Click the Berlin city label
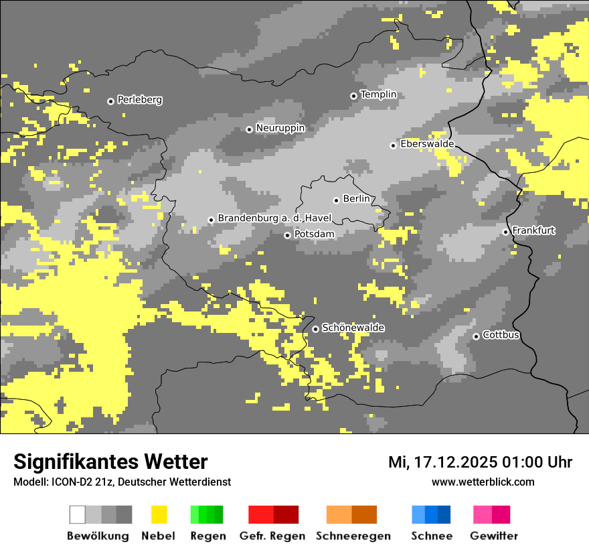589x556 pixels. pyautogui.click(x=356, y=199)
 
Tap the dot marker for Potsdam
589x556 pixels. pyautogui.click(x=287, y=235)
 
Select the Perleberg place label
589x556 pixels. pyautogui.click(x=139, y=100)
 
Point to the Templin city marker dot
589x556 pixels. pyautogui.click(x=353, y=96)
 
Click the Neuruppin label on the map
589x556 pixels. pyautogui.click(x=280, y=128)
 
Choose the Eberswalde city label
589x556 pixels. pyautogui.click(x=426, y=144)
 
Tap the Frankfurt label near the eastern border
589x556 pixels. pyautogui.click(x=533, y=230)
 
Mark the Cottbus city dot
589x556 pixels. pyautogui.click(x=476, y=336)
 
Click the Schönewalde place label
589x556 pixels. pyautogui.click(x=353, y=328)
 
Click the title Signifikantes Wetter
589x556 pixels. pyautogui.click(x=110, y=462)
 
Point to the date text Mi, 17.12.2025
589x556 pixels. pyautogui.click(x=442, y=462)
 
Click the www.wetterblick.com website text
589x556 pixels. pyautogui.click(x=483, y=482)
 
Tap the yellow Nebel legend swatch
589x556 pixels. pyautogui.click(x=159, y=514)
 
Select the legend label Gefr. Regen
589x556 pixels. pyautogui.click(x=272, y=536)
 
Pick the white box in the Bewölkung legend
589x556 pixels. pyautogui.click(x=78, y=514)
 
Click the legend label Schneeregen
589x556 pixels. pyautogui.click(x=353, y=536)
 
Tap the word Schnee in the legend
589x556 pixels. pyautogui.click(x=432, y=536)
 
